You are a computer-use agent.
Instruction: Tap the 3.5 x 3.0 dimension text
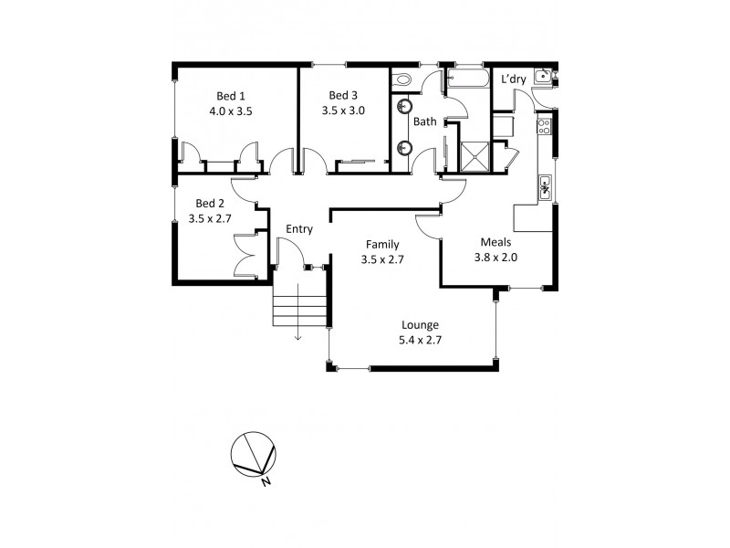pos(343,111)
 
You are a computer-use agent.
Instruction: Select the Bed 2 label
pos(210,203)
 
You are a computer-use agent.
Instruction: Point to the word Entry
pos(299,229)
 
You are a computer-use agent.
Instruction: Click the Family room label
pos(381,244)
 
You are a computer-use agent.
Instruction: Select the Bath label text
pos(425,121)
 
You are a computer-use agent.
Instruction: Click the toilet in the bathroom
pos(402,81)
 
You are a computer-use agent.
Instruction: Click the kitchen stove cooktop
pos(545,125)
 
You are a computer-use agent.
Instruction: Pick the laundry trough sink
pos(543,77)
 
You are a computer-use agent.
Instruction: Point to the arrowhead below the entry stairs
pos(298,339)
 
